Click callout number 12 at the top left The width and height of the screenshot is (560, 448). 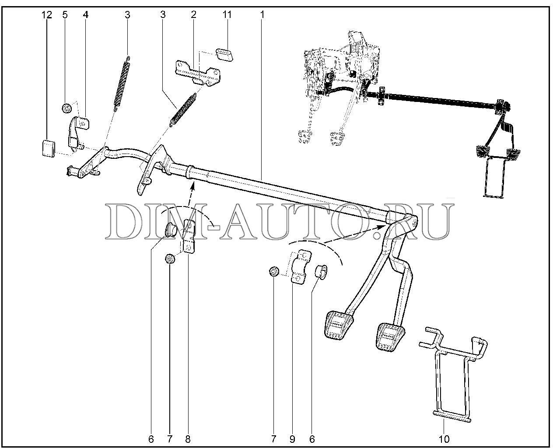click(x=47, y=15)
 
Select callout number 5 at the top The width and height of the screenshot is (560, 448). click(x=65, y=15)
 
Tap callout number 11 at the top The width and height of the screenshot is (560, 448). click(x=227, y=14)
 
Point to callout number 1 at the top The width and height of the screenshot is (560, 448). click(x=262, y=14)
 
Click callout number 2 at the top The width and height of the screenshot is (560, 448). click(x=193, y=14)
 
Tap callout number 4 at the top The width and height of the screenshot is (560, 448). click(x=86, y=15)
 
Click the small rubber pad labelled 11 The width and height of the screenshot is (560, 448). click(x=224, y=55)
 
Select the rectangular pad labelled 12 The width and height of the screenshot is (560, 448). click(x=49, y=149)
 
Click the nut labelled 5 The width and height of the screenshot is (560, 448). click(x=67, y=108)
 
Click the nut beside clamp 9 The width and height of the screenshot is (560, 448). click(x=274, y=272)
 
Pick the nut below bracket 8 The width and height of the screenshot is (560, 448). click(x=170, y=259)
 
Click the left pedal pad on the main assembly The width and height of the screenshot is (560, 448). click(x=339, y=325)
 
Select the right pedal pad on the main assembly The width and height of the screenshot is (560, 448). click(x=390, y=338)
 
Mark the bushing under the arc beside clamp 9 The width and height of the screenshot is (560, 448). click(x=321, y=272)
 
